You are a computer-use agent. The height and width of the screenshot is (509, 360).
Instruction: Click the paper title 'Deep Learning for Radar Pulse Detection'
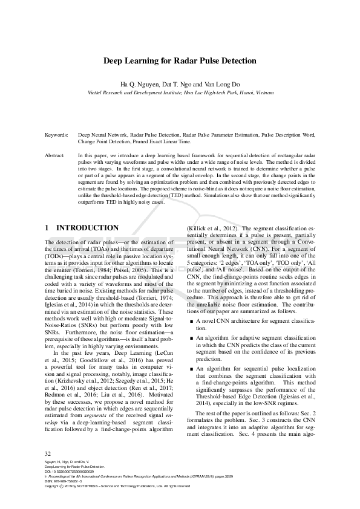click(180, 61)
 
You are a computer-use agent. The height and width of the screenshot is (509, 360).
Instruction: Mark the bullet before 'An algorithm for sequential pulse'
click(192, 368)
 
